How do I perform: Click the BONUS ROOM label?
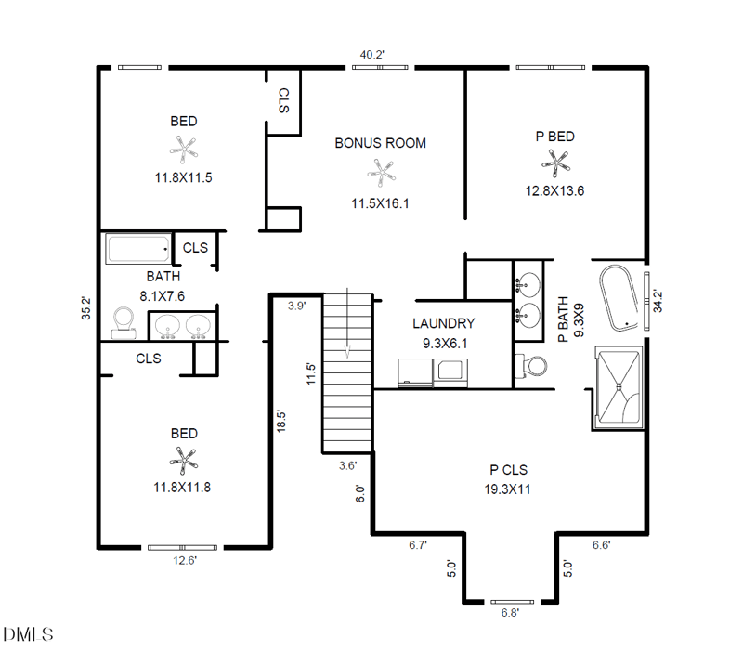click(381, 143)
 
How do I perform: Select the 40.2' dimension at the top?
click(372, 55)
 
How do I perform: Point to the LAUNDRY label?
click(444, 323)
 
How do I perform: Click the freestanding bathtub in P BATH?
click(619, 297)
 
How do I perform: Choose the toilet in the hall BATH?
click(124, 322)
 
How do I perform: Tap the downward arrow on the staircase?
click(347, 322)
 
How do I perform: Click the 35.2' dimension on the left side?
click(85, 308)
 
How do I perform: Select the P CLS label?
click(508, 470)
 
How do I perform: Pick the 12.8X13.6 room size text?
click(554, 191)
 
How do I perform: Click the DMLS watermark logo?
click(28, 634)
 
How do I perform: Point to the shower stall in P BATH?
click(619, 386)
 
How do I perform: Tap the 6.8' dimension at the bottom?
click(510, 613)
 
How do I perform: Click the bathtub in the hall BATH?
click(138, 249)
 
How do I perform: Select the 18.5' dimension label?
click(281, 422)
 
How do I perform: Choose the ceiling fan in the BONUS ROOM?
click(381, 174)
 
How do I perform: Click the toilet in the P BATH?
click(530, 366)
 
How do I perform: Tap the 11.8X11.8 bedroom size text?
click(182, 488)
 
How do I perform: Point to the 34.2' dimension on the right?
click(658, 301)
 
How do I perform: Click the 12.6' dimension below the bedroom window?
click(185, 561)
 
